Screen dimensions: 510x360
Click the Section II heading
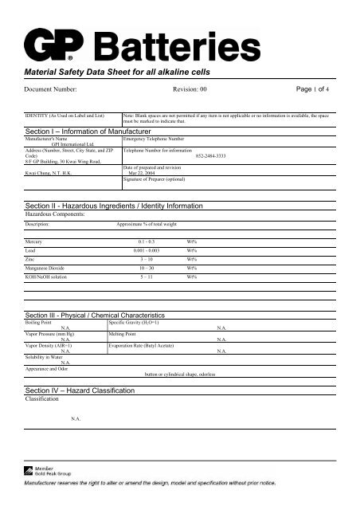click(115, 206)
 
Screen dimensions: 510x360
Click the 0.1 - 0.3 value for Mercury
click(148, 240)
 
